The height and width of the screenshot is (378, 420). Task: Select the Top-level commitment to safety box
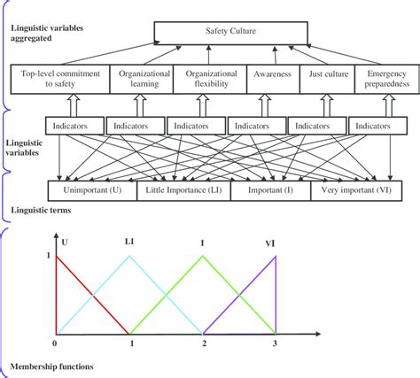(59, 81)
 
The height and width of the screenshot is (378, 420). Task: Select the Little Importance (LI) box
(183, 189)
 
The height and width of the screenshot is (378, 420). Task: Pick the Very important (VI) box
(355, 189)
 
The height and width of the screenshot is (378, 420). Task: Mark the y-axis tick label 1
(48, 256)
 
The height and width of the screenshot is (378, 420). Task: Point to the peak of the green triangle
(203, 257)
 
